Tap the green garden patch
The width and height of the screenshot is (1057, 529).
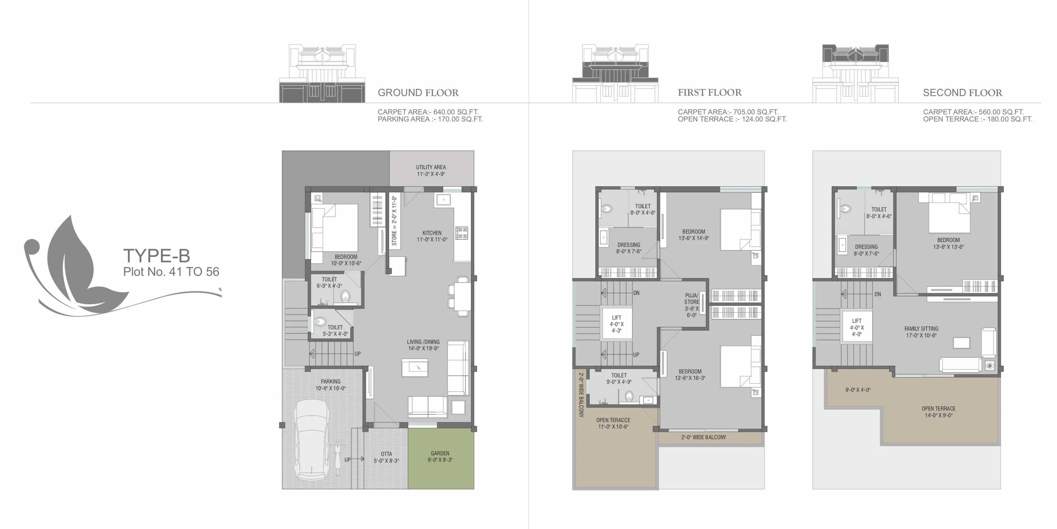coord(441,458)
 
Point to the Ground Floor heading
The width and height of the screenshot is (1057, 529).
coord(418,93)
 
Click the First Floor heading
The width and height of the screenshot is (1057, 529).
coord(710,93)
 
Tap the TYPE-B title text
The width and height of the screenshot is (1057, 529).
coord(157,256)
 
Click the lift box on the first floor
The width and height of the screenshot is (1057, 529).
coord(616,324)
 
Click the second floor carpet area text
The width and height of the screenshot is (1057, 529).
coord(973,112)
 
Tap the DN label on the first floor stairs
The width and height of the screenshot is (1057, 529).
coord(636,293)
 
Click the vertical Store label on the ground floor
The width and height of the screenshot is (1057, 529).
coord(394,221)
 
